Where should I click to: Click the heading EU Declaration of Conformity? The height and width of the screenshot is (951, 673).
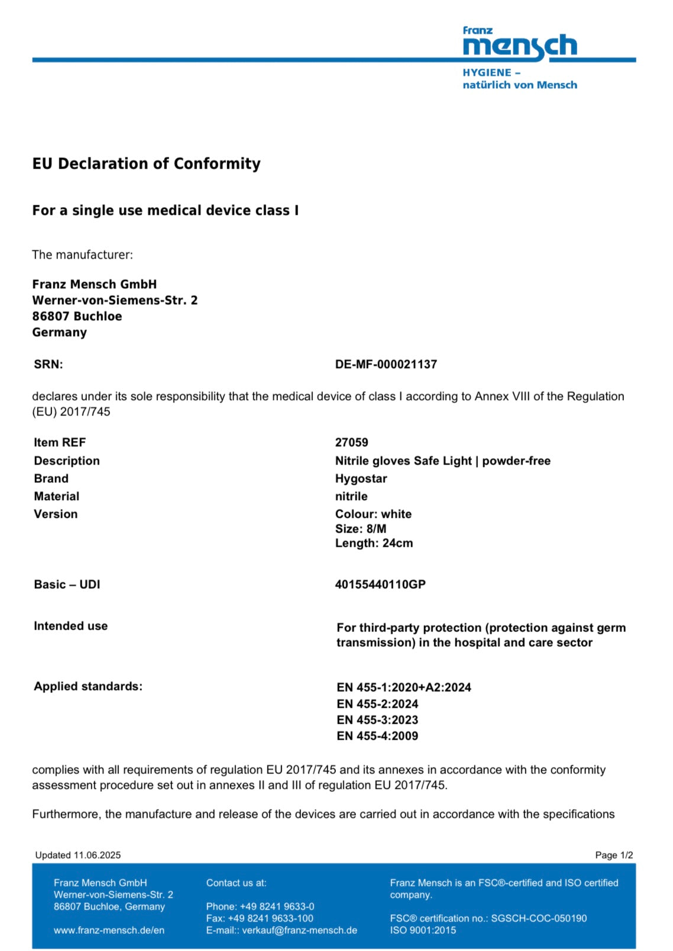click(146, 164)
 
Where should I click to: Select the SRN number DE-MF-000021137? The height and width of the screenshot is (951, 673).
click(386, 365)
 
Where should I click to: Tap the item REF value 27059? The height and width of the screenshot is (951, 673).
click(351, 443)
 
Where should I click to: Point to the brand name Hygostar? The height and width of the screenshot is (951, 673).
click(361, 479)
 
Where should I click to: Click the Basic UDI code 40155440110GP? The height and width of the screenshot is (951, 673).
click(380, 585)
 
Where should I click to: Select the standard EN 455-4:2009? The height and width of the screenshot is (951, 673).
click(377, 736)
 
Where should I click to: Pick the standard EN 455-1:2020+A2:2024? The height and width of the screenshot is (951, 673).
click(403, 688)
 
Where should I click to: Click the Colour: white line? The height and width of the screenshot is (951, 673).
click(373, 514)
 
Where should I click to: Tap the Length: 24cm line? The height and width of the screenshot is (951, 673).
click(374, 543)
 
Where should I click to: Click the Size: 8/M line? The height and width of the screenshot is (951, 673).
click(360, 529)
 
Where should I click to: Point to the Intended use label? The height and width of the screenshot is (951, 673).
click(70, 626)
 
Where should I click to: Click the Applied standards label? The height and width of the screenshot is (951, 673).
click(88, 686)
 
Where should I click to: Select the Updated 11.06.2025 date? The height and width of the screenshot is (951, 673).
click(77, 855)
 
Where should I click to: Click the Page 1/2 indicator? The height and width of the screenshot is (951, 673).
click(614, 855)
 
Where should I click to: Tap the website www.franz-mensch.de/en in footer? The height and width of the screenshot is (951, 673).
click(109, 930)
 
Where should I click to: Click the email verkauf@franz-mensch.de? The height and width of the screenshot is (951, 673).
click(299, 930)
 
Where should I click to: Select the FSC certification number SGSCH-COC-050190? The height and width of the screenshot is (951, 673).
click(539, 918)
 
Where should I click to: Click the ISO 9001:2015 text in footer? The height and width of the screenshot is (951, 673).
click(423, 930)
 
